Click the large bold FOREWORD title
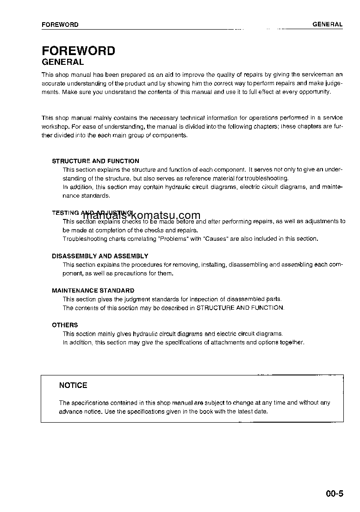tap(78, 51)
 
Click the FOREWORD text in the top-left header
tap(60, 25)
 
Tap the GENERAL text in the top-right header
tap(327, 24)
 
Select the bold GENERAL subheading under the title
tap(62, 62)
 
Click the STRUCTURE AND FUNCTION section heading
tap(95, 161)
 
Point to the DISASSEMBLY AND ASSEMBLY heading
tap(100, 256)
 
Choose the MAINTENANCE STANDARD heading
tap(93, 291)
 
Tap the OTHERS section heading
tap(65, 325)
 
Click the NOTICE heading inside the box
tap(73, 385)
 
